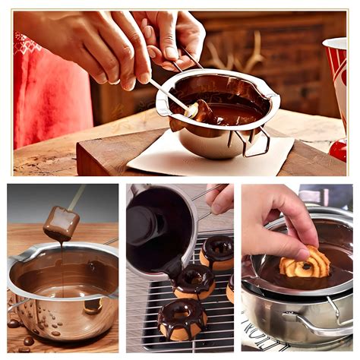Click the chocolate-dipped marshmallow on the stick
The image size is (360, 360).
point(61,223)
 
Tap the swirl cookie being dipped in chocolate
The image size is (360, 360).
point(305,263)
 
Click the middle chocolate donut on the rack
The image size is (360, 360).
point(195,281)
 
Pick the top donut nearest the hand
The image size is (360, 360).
point(218,251)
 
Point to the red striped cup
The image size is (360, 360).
point(336,68)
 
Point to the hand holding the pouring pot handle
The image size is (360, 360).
point(221,198)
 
